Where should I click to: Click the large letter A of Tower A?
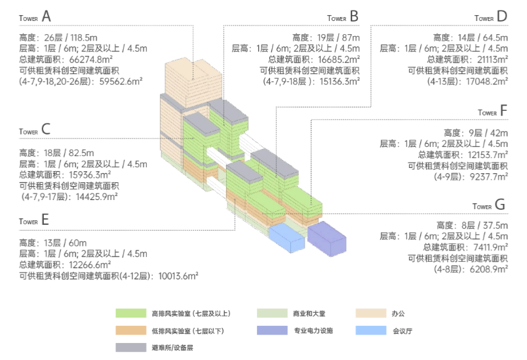pyautogui.click(x=47, y=15)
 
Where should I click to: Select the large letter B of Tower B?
pyautogui.click(x=354, y=15)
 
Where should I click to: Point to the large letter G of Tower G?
pyautogui.click(x=500, y=205)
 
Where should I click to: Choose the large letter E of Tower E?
pyautogui.click(x=45, y=220)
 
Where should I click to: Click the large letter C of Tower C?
pyautogui.click(x=46, y=129)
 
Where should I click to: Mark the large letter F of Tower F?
pyautogui.click(x=503, y=111)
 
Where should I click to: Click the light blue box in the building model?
pyautogui.click(x=286, y=235)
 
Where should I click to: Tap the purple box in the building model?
pyautogui.click(x=326, y=237)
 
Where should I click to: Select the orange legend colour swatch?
pyautogui.click(x=130, y=330)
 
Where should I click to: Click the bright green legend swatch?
pyautogui.click(x=130, y=313)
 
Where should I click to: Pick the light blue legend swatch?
pyautogui.click(x=371, y=330)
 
